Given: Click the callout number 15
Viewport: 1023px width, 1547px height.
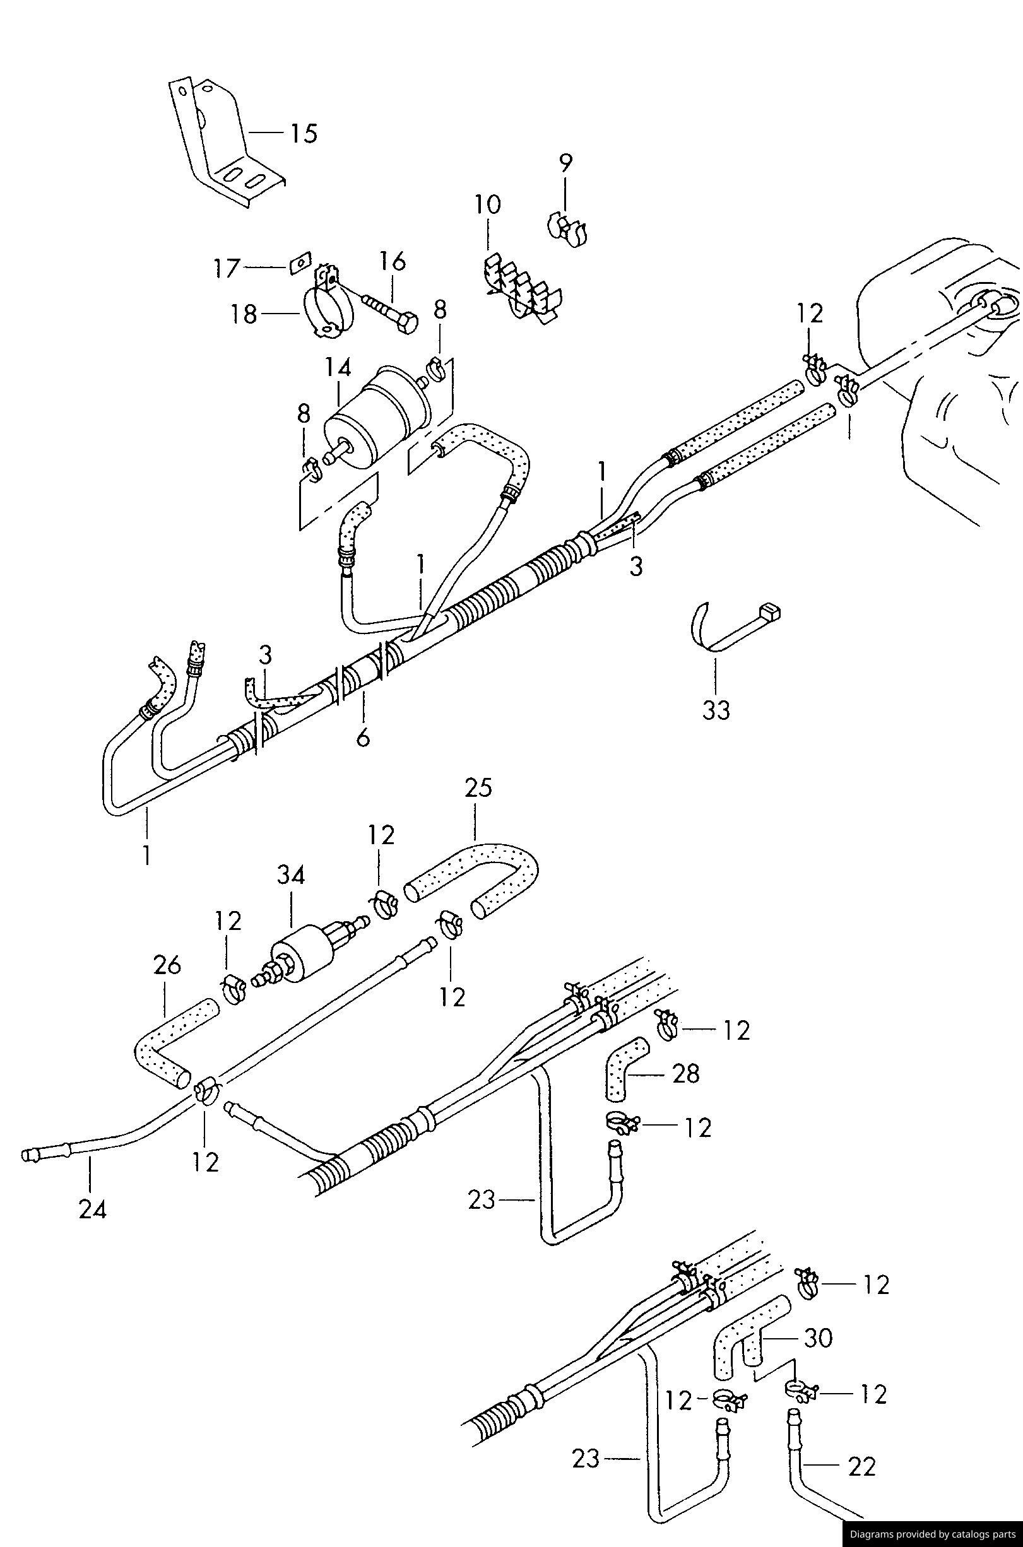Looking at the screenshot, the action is pos(304,134).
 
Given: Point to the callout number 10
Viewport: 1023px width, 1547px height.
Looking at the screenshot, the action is pos(487,205).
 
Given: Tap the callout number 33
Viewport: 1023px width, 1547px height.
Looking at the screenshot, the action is pos(716,710).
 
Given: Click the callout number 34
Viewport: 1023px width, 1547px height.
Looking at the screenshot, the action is pos(290,874).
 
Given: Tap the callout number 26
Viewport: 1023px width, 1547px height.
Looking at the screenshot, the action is pos(167,965).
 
